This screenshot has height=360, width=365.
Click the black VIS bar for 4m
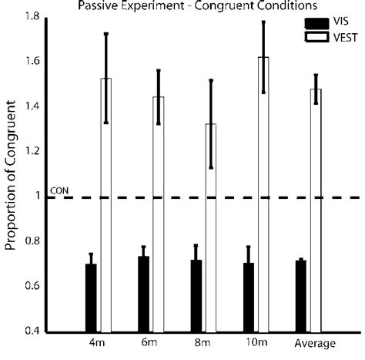91,298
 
